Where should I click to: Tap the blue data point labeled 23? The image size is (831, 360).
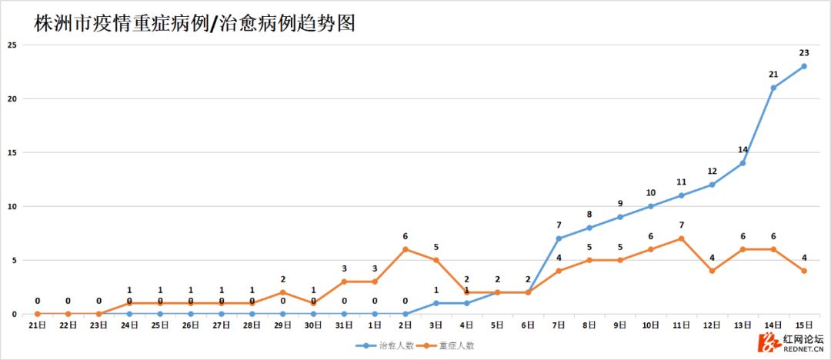coord(804,66)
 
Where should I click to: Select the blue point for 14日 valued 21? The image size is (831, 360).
coord(773,88)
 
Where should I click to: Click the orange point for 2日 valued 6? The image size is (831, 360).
coord(405,249)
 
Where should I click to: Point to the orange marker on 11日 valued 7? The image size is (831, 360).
coord(682,238)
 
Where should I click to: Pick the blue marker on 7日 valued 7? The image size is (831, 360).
coord(559,238)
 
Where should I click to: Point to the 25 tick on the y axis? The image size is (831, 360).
coord(12,45)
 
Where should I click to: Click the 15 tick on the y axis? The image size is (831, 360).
coord(12,152)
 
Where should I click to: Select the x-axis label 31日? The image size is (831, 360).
coord(344,325)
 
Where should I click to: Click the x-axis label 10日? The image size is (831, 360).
coord(651,325)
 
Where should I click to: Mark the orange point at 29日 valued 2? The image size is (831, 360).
coord(282,292)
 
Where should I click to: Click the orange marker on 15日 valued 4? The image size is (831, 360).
coord(804,271)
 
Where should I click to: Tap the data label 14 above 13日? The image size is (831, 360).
coord(743,149)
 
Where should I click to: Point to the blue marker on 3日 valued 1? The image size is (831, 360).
coord(436,303)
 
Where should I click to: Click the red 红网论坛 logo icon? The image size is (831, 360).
coord(767,342)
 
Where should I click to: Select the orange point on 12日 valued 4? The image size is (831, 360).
coord(713,271)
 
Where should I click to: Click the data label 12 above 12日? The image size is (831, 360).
coord(713,171)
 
